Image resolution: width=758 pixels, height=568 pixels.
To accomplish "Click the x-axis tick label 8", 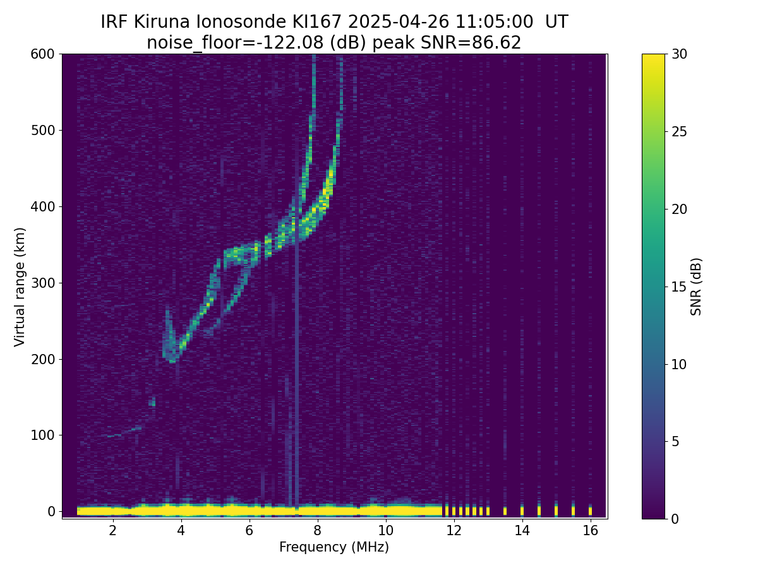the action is [317, 530].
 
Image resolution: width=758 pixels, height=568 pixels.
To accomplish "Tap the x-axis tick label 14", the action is [522, 530].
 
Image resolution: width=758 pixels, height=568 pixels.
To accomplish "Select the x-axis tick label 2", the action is [112, 530].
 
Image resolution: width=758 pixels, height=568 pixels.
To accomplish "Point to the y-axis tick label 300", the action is [43, 283].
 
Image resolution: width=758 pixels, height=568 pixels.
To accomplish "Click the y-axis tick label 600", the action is [43, 54].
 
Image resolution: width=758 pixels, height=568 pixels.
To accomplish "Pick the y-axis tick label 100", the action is [43, 435].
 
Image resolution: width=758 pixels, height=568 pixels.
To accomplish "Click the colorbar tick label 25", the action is [679, 132].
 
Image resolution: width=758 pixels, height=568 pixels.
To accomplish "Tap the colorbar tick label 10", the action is [679, 364].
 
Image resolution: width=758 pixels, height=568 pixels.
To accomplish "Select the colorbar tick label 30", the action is [679, 54].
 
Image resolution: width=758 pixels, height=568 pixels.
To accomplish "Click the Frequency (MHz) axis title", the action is [334, 547].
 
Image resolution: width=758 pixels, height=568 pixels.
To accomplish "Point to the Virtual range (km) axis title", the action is [20, 287].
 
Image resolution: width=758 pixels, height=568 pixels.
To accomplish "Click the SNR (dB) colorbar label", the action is [695, 287].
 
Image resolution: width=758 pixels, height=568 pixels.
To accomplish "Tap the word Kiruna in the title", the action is [162, 22].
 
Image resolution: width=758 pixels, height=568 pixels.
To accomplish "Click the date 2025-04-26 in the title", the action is [399, 22].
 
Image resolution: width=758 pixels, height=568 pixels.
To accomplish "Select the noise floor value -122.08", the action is [293, 43].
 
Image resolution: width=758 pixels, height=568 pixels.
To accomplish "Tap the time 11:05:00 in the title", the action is [494, 22].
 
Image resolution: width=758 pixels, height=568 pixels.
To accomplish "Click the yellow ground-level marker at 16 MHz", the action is [590, 511].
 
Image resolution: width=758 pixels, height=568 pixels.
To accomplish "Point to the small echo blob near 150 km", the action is [152, 402].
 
